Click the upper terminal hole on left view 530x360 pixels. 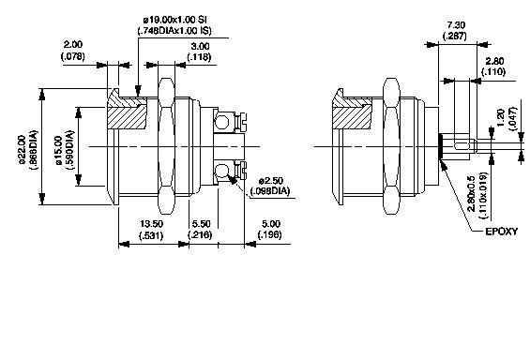click(223, 119)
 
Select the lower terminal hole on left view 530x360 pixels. click(223, 171)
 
